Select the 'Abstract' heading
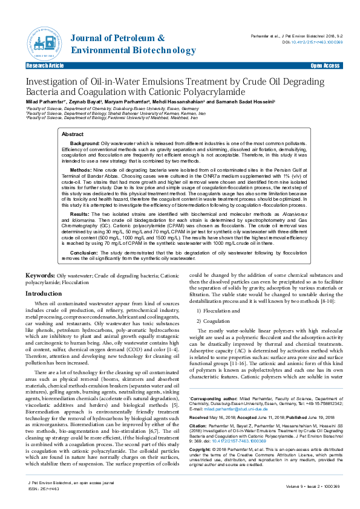click(x=73, y=134)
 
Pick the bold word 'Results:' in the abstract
click(x=80, y=214)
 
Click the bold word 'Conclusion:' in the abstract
click(x=84, y=252)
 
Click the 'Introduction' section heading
click(x=43, y=293)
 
